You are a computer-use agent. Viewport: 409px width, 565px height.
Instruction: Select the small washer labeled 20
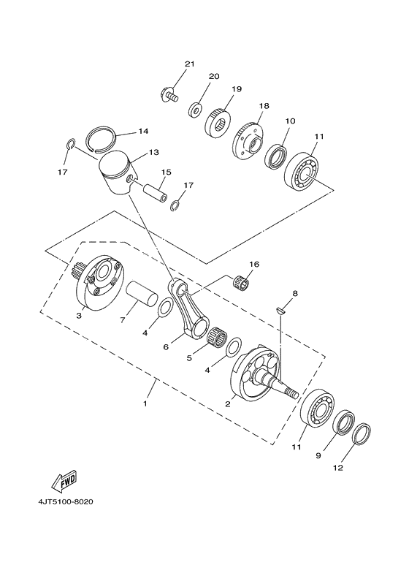[195, 110]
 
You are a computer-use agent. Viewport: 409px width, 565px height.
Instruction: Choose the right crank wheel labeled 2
[256, 376]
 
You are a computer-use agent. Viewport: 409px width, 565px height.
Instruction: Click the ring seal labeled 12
[362, 435]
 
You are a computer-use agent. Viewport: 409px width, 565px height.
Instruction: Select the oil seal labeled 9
[343, 423]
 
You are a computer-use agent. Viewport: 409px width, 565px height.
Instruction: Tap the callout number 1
[145, 403]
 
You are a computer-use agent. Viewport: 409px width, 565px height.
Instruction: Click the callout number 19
[237, 89]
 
